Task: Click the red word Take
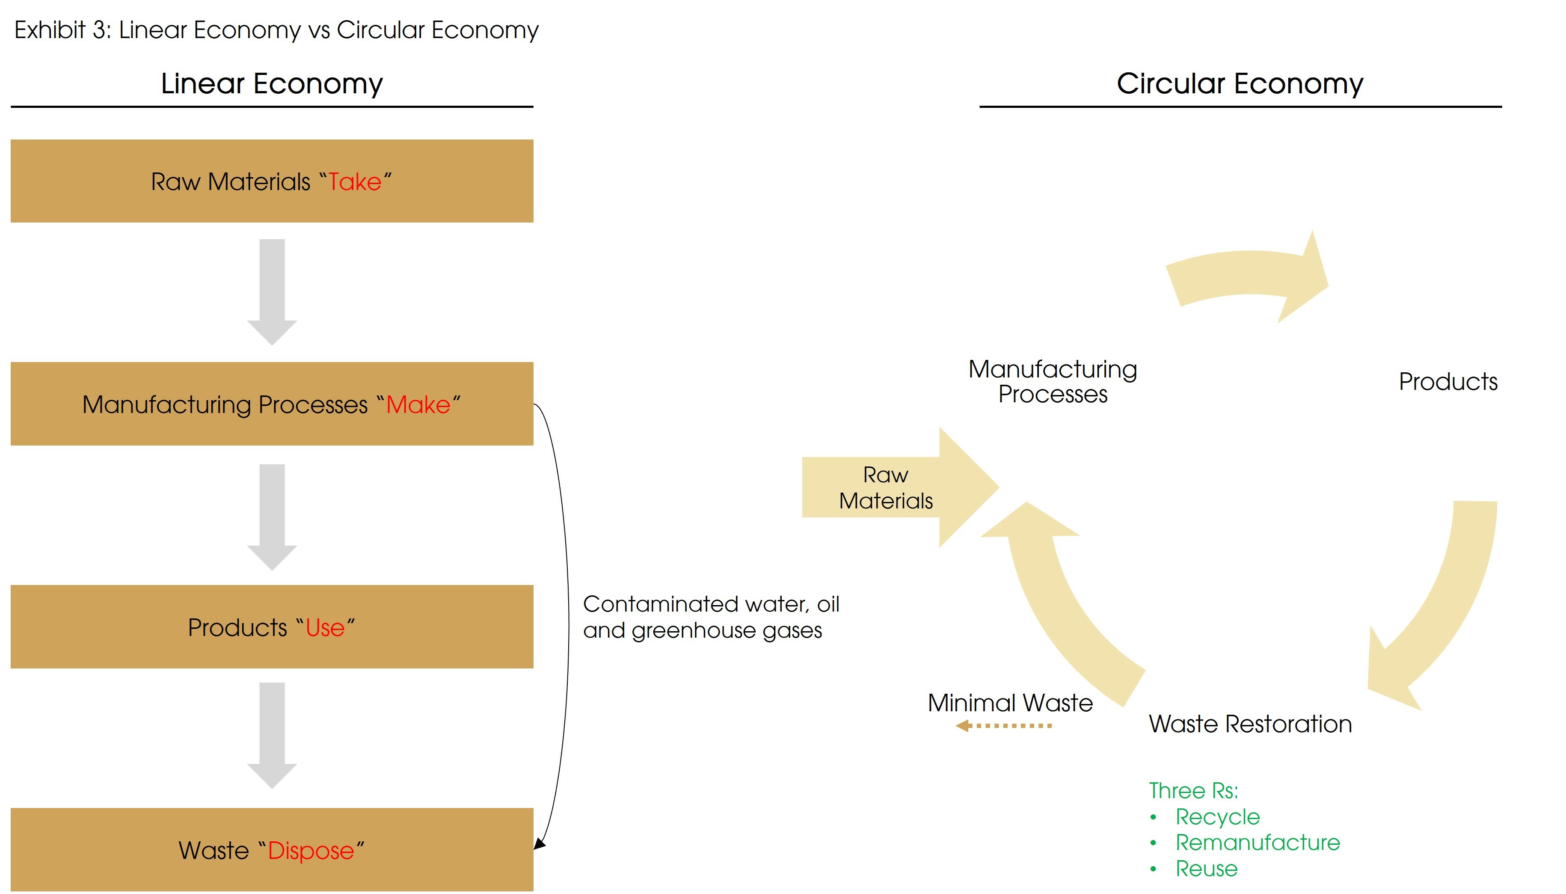[355, 182]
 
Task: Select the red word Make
[418, 405]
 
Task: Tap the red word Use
[325, 627]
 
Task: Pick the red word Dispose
[311, 850]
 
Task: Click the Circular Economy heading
[1240, 83]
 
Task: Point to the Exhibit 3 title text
[276, 30]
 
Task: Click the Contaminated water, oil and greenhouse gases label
[710, 617]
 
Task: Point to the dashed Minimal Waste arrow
[1004, 726]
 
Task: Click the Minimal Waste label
[1010, 702]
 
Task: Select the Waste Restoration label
[1250, 724]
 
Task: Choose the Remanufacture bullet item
[1257, 842]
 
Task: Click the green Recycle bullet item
[1217, 817]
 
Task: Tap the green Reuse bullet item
[1206, 868]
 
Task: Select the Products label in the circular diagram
[1447, 381]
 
